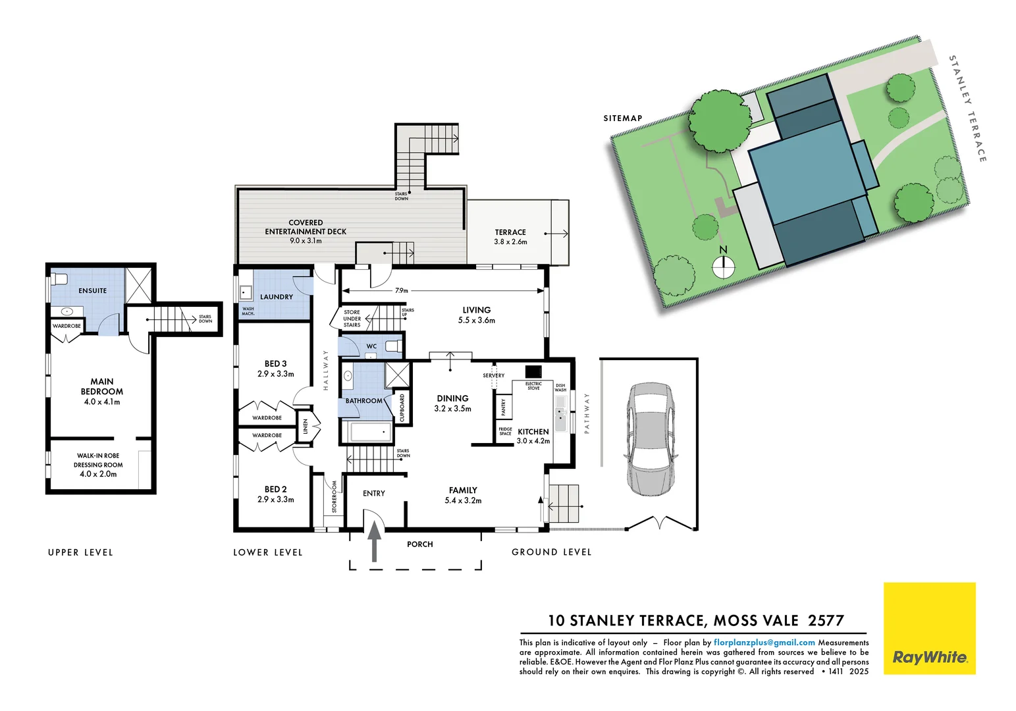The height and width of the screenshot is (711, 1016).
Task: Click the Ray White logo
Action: click(x=929, y=628)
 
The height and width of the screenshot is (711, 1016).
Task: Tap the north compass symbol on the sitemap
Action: click(x=723, y=267)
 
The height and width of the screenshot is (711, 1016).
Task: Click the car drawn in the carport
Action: click(x=649, y=439)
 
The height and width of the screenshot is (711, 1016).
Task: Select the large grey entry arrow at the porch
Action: click(x=374, y=540)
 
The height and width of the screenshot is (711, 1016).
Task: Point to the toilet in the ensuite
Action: click(x=59, y=278)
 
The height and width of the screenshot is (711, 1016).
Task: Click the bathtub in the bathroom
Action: click(x=370, y=433)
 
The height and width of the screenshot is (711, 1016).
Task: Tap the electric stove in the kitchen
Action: click(x=533, y=371)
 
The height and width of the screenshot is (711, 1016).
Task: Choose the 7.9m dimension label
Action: click(x=401, y=290)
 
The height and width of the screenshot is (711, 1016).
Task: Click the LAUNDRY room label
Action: click(x=277, y=297)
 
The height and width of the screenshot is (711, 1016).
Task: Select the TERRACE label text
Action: click(x=510, y=232)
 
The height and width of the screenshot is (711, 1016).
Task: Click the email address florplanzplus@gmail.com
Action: click(x=764, y=643)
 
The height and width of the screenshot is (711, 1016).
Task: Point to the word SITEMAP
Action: click(x=622, y=118)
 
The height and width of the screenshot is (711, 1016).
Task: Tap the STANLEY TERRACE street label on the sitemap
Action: click(x=967, y=109)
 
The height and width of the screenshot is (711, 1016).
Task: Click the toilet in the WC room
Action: click(x=394, y=346)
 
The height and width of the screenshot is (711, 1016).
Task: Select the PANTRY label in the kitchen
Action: click(x=504, y=407)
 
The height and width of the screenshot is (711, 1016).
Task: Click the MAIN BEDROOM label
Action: click(x=102, y=386)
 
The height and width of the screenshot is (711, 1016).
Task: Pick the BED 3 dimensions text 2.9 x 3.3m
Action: click(x=275, y=374)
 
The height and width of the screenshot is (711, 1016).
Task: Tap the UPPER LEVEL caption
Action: click(x=80, y=552)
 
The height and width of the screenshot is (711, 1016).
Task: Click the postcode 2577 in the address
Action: click(x=826, y=621)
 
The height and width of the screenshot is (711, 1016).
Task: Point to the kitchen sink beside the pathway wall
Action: click(x=560, y=415)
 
